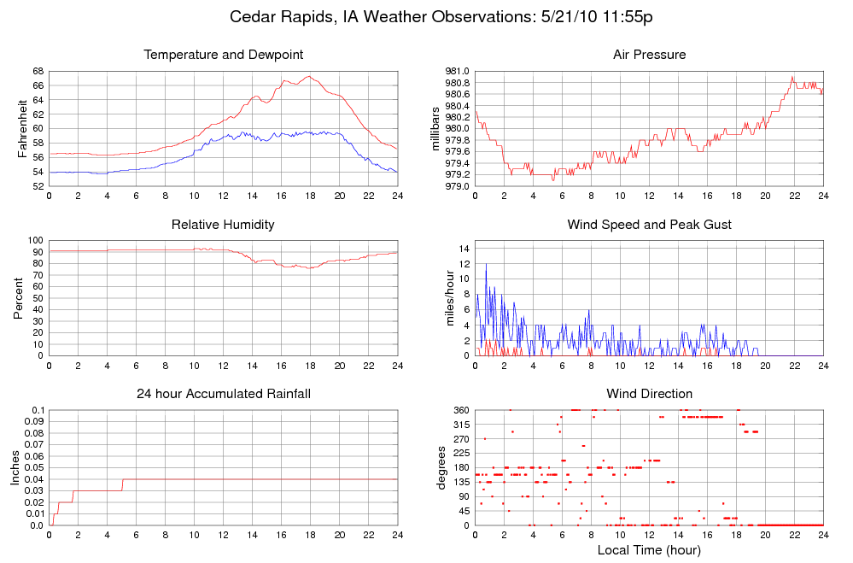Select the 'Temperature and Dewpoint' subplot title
click(x=223, y=56)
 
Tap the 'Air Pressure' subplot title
click(x=649, y=56)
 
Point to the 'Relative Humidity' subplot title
click(x=223, y=225)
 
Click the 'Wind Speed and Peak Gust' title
click(x=649, y=225)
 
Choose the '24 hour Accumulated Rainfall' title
click(x=223, y=394)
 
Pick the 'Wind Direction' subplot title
click(x=649, y=394)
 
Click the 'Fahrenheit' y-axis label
click(x=22, y=128)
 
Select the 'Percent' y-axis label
click(x=19, y=298)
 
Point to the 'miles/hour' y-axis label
click(x=449, y=298)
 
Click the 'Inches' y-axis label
click(x=15, y=467)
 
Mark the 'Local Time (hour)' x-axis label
click(x=649, y=550)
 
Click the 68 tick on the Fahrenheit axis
click(x=38, y=71)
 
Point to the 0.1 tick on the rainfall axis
click(x=37, y=411)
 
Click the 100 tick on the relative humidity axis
click(x=35, y=241)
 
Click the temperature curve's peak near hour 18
click(x=309, y=76)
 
